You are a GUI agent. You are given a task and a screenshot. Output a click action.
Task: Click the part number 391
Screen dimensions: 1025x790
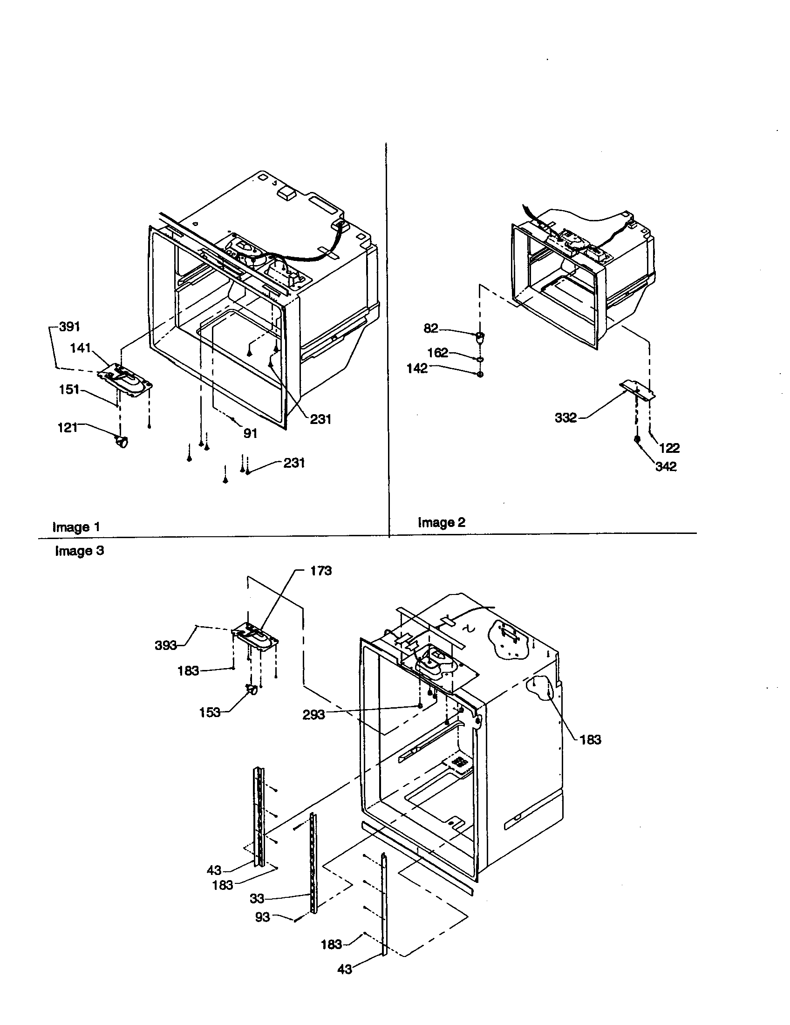click(x=69, y=327)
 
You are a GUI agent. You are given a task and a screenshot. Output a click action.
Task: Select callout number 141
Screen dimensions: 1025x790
click(x=80, y=348)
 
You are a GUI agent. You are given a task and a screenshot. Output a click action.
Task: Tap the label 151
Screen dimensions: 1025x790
click(x=69, y=389)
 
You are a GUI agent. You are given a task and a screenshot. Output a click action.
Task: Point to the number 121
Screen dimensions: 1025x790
click(x=67, y=428)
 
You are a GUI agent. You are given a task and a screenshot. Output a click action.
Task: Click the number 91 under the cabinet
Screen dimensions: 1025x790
click(x=250, y=433)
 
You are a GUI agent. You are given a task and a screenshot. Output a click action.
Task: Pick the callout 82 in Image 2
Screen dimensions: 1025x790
click(x=431, y=328)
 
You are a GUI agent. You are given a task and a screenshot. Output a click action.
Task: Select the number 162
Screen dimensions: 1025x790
click(x=438, y=353)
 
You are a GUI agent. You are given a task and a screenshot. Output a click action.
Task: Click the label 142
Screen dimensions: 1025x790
click(x=417, y=369)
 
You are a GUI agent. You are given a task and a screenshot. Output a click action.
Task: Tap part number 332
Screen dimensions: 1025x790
click(x=565, y=417)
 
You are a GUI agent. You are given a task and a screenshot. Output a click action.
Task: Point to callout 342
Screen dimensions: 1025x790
click(x=666, y=466)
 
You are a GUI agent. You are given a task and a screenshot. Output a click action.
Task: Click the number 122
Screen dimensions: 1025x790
click(x=669, y=448)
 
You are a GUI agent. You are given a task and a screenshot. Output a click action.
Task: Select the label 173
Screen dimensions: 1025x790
click(x=321, y=571)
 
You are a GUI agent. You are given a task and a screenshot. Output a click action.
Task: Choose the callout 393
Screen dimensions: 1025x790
click(x=166, y=646)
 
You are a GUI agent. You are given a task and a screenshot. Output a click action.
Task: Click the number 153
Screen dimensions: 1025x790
click(x=209, y=712)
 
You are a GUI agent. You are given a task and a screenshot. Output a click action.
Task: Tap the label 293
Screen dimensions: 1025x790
click(x=313, y=715)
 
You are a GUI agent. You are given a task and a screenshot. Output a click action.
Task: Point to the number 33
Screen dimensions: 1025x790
click(x=257, y=898)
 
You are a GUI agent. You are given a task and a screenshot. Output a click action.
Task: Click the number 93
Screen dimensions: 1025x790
click(x=262, y=916)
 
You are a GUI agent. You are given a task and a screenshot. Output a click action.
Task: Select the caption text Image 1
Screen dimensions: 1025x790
click(x=76, y=526)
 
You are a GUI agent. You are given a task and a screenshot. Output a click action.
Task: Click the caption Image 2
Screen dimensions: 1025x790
click(x=442, y=522)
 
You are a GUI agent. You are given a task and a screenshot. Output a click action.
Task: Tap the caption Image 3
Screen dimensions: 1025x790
click(x=79, y=551)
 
